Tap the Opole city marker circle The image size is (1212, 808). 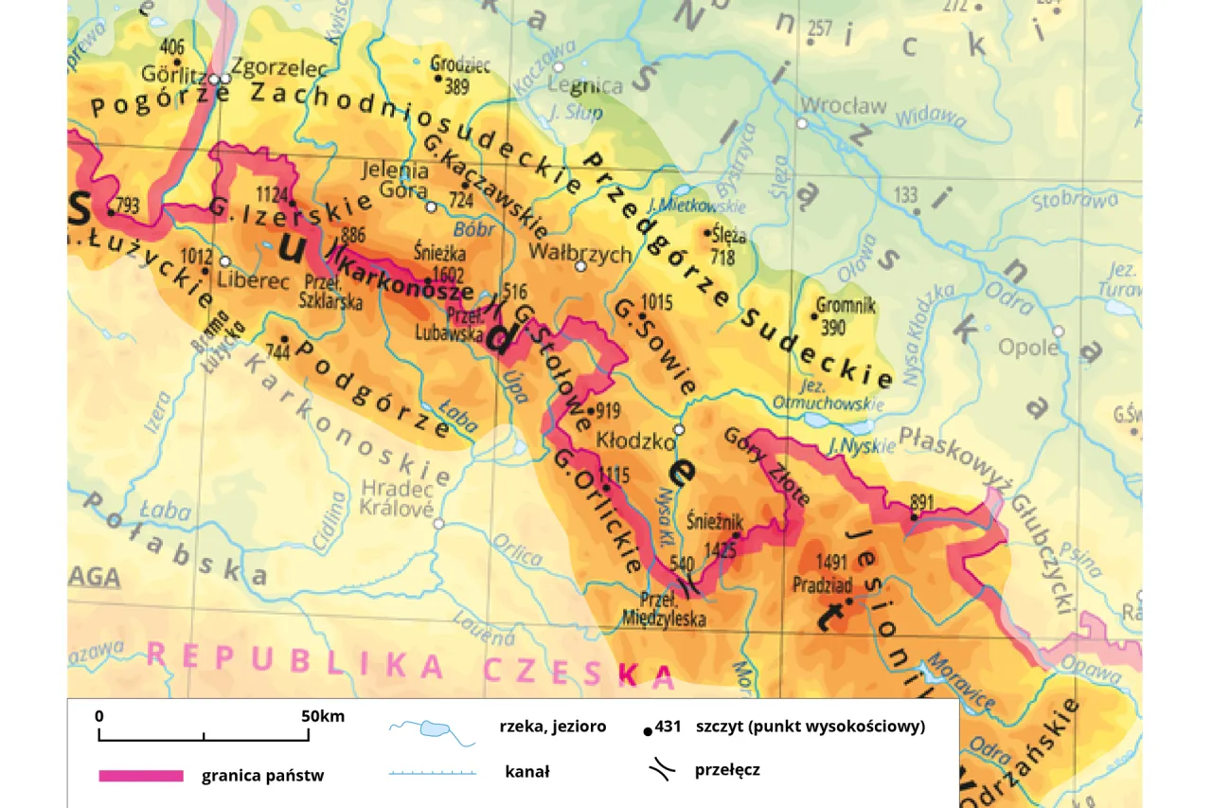(1059, 332)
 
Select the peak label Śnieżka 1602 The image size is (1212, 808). (440, 263)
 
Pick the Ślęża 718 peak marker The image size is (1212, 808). (706, 232)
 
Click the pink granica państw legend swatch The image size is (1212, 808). (141, 776)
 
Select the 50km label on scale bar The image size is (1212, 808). (322, 716)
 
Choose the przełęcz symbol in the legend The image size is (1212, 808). (663, 769)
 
